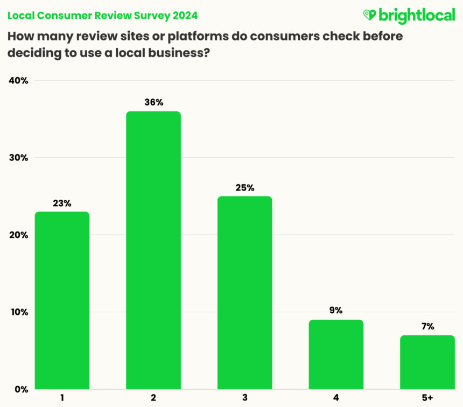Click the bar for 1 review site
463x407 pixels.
[x=62, y=300]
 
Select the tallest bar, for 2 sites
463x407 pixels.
[x=153, y=250]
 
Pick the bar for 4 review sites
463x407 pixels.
[x=336, y=354]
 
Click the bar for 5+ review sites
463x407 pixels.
[x=427, y=362]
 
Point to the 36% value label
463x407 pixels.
[x=153, y=102]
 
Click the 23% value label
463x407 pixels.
[x=62, y=203]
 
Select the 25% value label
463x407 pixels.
[x=244, y=188]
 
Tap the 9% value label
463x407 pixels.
[x=336, y=311]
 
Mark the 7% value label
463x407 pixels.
[x=427, y=326]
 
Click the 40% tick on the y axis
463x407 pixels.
[x=18, y=81]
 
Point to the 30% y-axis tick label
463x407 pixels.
[x=18, y=158]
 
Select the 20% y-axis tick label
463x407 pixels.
[x=18, y=235]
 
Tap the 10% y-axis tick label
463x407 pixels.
[x=18, y=312]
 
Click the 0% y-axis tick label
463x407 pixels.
[x=20, y=389]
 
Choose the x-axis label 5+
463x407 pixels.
[x=427, y=398]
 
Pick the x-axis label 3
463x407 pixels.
[x=244, y=398]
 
